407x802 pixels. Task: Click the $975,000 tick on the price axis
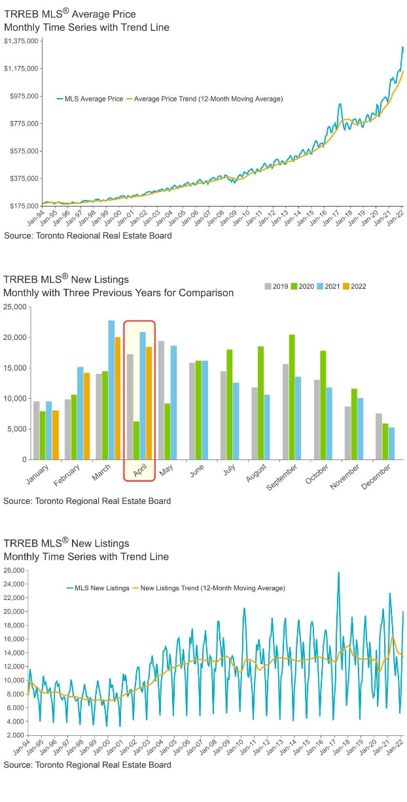[x=22, y=96]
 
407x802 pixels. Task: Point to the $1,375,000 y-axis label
[x=20, y=41]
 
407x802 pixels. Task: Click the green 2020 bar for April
[x=136, y=441]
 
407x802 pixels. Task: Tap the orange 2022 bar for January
[x=56, y=435]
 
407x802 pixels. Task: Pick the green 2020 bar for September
[x=292, y=397]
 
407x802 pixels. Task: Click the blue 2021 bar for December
[x=392, y=443]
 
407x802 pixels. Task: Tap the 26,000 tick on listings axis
[x=14, y=571]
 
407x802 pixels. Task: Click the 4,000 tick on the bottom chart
[x=16, y=722]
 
